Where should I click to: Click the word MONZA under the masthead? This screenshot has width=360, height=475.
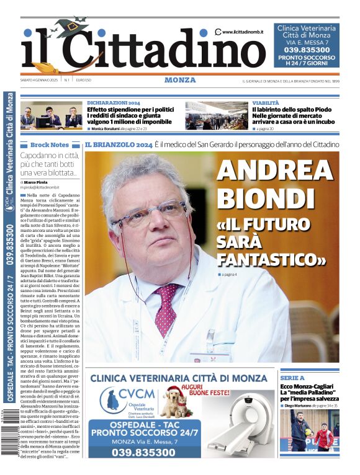coord(180,80)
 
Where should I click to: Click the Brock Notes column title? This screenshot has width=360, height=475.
coord(50,144)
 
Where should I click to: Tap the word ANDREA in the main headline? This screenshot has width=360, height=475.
coord(274,171)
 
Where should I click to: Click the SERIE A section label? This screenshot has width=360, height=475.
coord(292,378)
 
